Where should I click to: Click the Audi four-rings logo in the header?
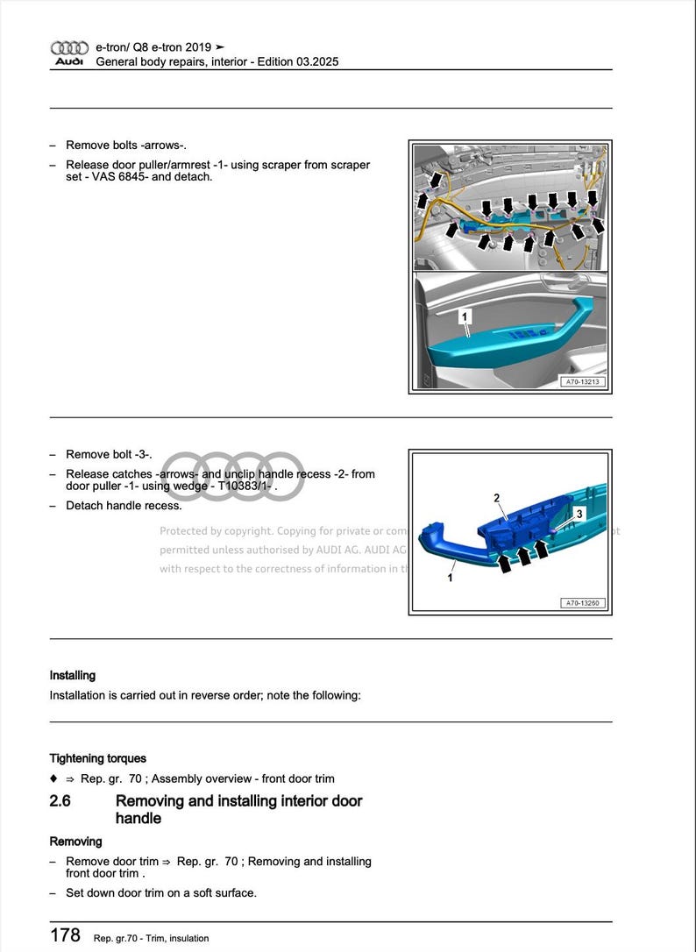tap(69, 48)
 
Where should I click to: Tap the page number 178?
tap(66, 935)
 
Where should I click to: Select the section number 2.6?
tap(60, 800)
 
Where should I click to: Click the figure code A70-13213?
tap(582, 382)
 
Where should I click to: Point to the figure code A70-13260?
tap(582, 603)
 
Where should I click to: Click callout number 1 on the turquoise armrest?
tap(465, 315)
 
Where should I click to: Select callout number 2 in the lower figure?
tap(496, 499)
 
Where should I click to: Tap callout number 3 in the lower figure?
tap(579, 514)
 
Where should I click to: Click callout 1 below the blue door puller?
tap(451, 578)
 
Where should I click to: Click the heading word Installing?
tap(73, 676)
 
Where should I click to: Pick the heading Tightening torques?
tap(98, 758)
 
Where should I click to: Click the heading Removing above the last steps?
tap(75, 842)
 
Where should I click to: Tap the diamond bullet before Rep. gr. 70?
tap(53, 778)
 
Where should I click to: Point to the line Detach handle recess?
tap(124, 506)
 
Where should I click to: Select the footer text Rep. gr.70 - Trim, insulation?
tap(151, 938)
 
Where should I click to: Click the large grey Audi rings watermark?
tap(233, 477)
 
